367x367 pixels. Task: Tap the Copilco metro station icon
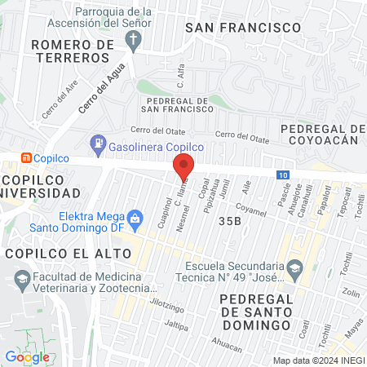[26, 157]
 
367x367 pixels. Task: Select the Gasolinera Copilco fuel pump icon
[99, 144]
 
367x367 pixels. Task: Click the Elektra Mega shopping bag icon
[135, 217]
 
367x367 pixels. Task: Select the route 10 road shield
[281, 175]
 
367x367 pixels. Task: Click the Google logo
[27, 356]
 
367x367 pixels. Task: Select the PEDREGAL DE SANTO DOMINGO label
[256, 312]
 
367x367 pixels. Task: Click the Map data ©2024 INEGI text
[317, 360]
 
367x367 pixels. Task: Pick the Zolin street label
[351, 292]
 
